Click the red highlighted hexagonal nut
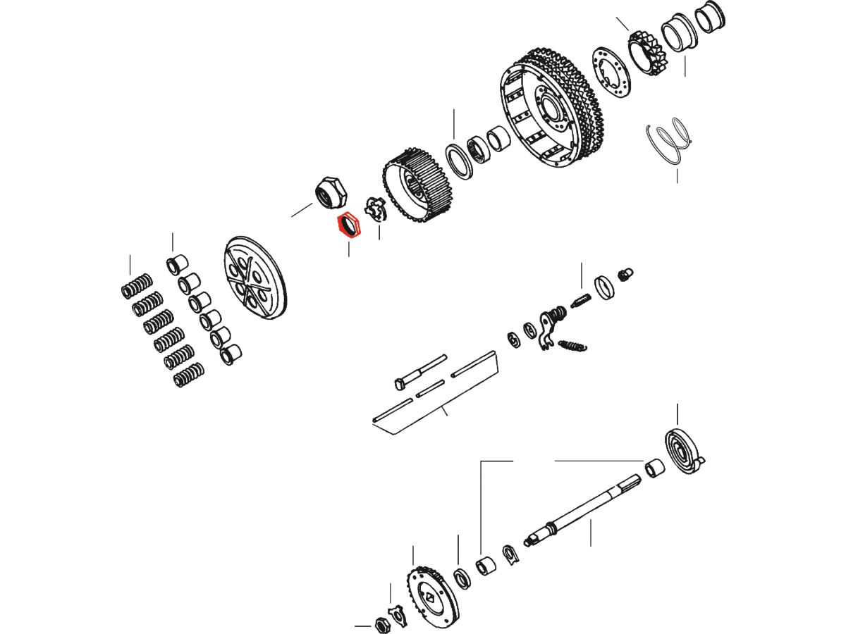348,226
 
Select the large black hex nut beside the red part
329,193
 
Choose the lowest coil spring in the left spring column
189,374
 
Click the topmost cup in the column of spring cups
176,266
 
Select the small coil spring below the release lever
572,344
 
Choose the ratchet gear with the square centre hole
431,595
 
